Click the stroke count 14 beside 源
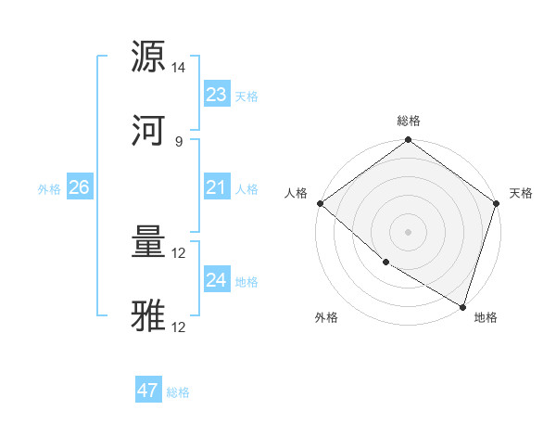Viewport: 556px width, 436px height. [179, 68]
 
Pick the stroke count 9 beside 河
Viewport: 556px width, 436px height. [179, 141]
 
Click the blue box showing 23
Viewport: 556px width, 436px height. [216, 95]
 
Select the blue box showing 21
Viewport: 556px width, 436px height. [216, 187]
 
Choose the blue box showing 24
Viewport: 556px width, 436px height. [216, 280]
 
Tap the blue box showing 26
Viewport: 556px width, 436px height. [79, 187]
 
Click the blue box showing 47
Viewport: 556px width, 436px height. [148, 391]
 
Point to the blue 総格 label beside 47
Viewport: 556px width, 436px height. [179, 392]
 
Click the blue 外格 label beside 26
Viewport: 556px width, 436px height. [49, 189]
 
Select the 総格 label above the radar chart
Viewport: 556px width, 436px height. [409, 121]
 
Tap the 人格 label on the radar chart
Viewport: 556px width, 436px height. [296, 193]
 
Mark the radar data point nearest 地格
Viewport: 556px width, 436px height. [462, 307]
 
